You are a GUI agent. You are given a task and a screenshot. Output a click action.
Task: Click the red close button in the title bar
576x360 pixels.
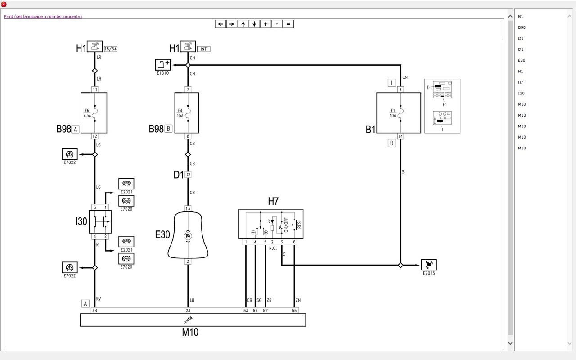point(4,4)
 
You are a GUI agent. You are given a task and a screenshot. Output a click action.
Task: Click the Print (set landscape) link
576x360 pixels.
point(43,17)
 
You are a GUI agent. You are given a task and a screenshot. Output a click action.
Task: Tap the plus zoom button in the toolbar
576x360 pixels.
point(265,24)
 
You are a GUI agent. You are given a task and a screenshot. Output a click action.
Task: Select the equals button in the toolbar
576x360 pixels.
point(288,24)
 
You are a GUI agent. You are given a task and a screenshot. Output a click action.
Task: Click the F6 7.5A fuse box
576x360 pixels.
point(94,113)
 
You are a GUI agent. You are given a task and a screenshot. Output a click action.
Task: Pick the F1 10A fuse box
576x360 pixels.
point(392,113)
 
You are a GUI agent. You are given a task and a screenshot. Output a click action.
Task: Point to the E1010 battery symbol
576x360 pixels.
point(162,64)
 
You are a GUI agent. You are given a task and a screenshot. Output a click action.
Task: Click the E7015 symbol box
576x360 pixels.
point(428,265)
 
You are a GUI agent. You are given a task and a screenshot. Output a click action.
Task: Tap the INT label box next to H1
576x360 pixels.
point(203,49)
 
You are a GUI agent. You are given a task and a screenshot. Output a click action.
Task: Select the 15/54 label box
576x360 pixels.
point(110,49)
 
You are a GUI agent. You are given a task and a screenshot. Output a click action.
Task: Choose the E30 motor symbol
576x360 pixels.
point(188,235)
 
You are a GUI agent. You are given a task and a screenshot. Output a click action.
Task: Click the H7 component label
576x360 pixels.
point(273,201)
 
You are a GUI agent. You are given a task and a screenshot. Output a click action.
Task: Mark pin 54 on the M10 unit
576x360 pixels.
point(94,310)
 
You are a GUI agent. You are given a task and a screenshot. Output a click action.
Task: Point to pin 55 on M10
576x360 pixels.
point(294,310)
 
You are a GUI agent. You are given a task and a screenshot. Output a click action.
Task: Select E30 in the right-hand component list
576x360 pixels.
point(522,60)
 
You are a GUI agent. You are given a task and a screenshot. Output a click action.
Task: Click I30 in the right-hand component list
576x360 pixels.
point(522,93)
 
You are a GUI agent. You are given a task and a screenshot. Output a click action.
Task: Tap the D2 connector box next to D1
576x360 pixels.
point(188,175)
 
